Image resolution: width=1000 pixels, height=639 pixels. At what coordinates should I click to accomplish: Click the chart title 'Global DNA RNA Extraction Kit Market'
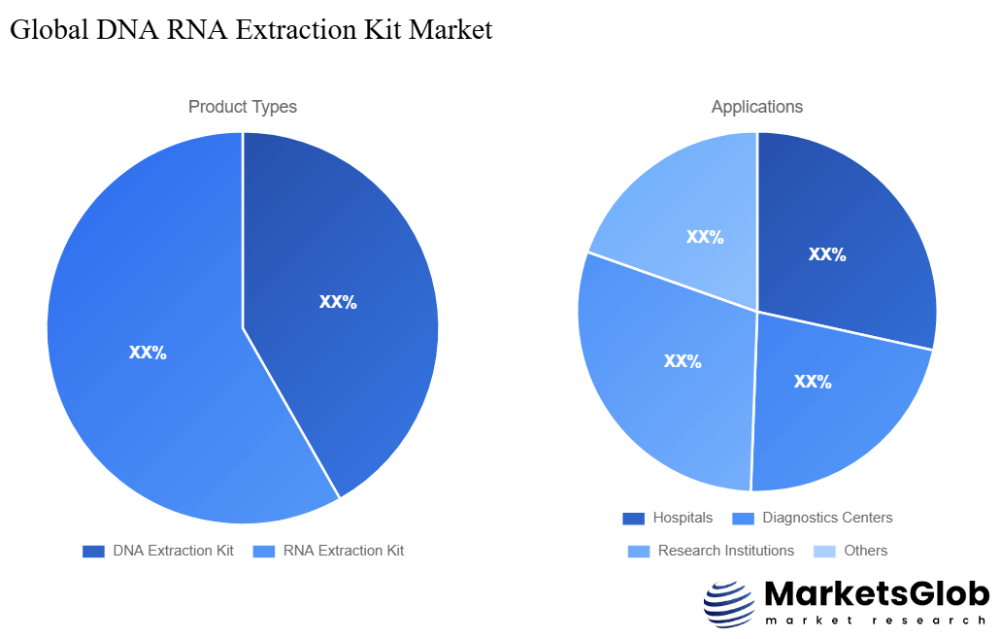(x=250, y=30)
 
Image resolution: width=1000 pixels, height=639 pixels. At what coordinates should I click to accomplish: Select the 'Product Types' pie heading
(x=243, y=107)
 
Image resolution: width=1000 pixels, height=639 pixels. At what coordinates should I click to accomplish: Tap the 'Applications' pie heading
(x=756, y=107)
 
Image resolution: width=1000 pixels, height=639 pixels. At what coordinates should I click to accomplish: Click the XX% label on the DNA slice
(x=338, y=302)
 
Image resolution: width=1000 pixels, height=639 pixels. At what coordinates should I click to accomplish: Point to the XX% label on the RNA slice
(x=148, y=353)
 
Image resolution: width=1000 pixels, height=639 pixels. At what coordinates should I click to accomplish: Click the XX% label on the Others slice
(x=705, y=236)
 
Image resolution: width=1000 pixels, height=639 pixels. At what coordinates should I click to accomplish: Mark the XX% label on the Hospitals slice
(x=827, y=254)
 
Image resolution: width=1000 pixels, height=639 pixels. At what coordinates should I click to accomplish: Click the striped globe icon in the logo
(x=728, y=604)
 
